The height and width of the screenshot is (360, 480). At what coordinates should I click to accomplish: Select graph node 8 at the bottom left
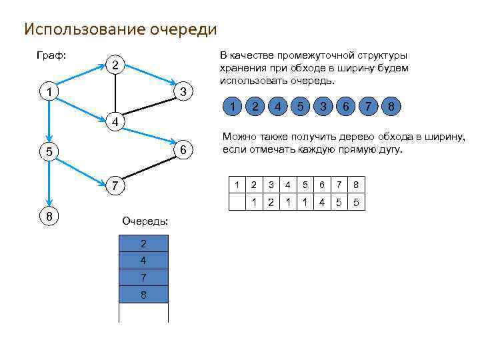pos(49,216)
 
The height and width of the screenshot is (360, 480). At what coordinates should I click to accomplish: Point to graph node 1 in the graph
pos(49,91)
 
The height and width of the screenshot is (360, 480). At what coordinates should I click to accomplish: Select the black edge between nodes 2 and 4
pos(115,93)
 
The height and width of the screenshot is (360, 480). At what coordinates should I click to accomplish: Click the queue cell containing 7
pos(143,277)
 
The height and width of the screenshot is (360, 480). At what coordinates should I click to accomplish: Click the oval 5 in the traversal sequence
pos(301,106)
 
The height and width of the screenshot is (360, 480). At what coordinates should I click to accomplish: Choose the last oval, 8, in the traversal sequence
pos(391,106)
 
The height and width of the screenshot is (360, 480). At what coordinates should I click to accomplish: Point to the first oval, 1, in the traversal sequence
pos(232,106)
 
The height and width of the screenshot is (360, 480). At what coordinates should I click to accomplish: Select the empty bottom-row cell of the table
pos(237,203)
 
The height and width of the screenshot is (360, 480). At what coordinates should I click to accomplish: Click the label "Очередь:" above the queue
pos(145,221)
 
